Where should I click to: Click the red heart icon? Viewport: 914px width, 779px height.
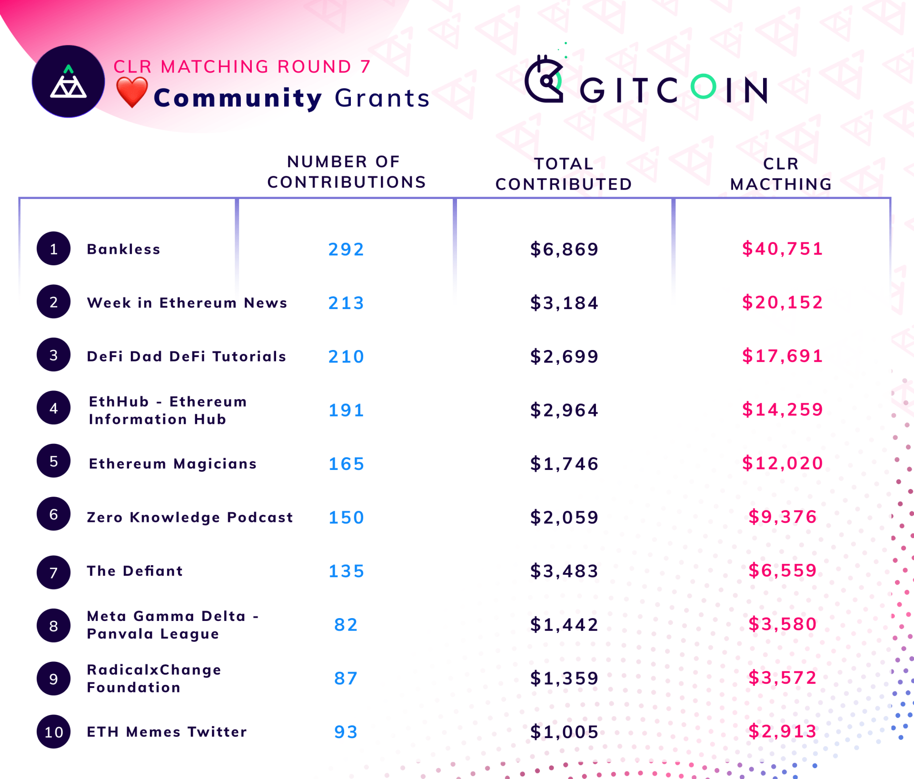[132, 92]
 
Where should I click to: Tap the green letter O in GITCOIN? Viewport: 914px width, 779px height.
[703, 87]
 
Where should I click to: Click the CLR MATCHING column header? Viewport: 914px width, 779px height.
[781, 174]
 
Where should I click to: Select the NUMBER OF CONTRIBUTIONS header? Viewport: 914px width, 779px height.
[346, 172]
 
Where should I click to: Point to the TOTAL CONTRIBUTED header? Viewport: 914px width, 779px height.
[564, 174]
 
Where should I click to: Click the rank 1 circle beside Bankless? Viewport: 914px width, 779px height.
[54, 249]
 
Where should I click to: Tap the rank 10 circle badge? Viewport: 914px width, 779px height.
[54, 731]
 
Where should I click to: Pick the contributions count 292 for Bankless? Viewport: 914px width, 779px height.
[346, 249]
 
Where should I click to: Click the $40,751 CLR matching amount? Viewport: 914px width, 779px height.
[782, 249]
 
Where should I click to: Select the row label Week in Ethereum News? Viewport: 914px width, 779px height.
[187, 302]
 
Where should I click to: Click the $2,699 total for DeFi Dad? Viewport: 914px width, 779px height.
[564, 356]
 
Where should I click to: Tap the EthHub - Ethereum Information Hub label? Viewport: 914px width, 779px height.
[168, 410]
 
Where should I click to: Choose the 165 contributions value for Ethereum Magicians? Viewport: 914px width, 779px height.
[346, 463]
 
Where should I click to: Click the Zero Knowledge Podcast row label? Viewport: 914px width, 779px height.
[189, 517]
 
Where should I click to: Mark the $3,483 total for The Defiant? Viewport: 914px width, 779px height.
[564, 570]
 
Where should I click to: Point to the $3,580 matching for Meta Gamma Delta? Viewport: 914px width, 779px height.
[782, 624]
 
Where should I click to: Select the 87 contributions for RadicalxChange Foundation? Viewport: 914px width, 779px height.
[346, 678]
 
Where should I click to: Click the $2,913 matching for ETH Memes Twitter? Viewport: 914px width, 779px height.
[782, 731]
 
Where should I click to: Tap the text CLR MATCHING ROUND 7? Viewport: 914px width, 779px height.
[242, 67]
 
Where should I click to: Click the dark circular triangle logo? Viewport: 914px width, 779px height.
[69, 81]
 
